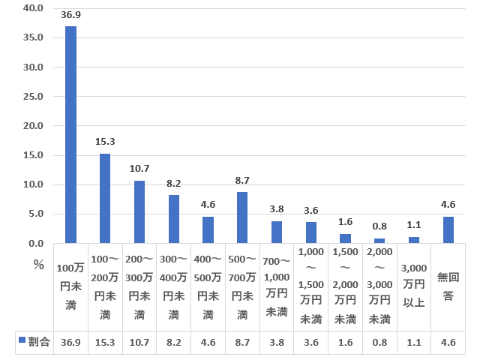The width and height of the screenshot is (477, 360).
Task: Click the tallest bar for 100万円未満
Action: [x=70, y=135]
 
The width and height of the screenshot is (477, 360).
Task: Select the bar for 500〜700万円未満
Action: [x=242, y=217]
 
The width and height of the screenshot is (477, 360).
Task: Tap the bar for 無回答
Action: [x=448, y=229]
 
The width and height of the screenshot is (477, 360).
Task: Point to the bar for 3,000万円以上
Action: [x=414, y=240]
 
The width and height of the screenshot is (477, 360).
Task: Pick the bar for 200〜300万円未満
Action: [x=139, y=211]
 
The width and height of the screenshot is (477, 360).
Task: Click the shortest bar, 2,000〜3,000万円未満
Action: [x=379, y=241]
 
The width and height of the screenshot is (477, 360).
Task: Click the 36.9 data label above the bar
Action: [x=70, y=14]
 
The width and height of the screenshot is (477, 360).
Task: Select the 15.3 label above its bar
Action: [x=105, y=141]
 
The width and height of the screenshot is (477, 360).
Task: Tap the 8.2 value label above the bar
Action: [x=174, y=182]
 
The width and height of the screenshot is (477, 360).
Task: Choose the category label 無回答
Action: [x=448, y=286]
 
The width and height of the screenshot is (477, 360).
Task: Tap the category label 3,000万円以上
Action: [x=414, y=286]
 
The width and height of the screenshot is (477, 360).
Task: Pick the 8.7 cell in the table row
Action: [x=242, y=341]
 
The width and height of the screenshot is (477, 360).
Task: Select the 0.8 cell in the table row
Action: [x=379, y=341]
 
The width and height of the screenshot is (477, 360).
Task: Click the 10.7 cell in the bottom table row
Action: [x=139, y=341]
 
